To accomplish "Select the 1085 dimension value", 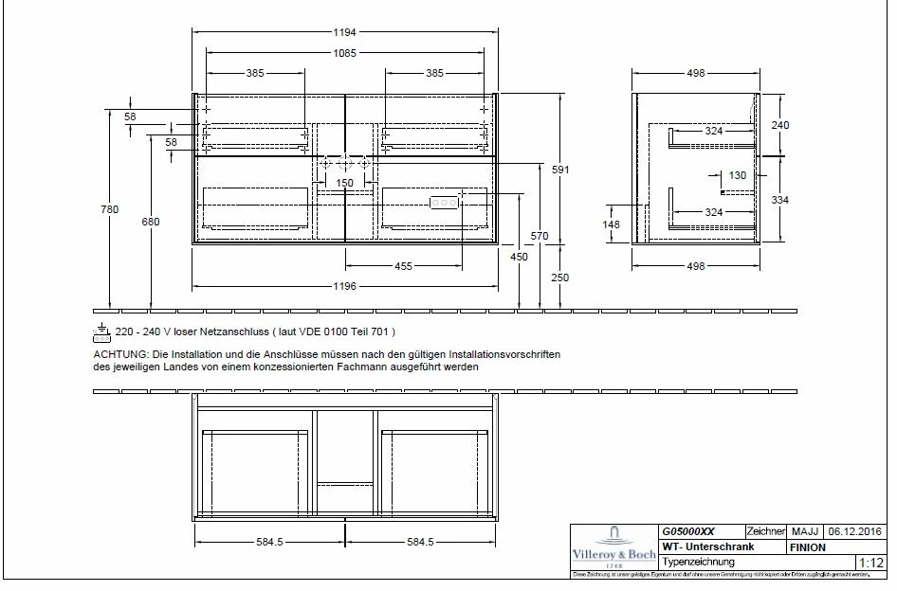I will tap(345, 54).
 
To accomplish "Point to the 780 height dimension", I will tap(110, 209).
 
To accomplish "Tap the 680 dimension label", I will tap(151, 222).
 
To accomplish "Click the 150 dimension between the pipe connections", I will tap(345, 183).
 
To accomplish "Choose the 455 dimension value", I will tap(403, 266).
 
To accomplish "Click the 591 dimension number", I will tap(562, 169).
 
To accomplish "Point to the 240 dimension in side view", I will tap(779, 123).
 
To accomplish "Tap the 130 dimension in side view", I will tap(738, 175).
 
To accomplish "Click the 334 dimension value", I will tap(779, 200).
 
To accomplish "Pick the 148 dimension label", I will tap(613, 224).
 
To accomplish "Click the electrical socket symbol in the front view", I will tap(443, 203).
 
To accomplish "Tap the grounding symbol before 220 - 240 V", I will tap(101, 331).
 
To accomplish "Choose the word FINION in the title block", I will tap(806, 547).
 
